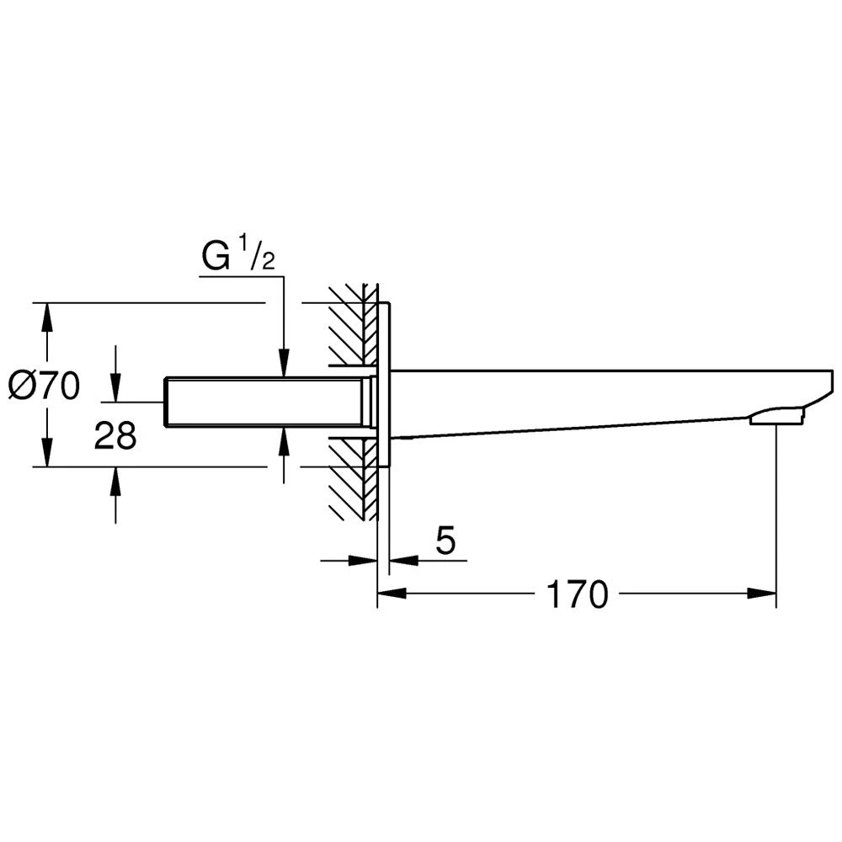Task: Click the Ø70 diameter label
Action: click(x=45, y=386)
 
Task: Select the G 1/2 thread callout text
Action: click(x=238, y=256)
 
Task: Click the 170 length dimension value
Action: click(x=577, y=594)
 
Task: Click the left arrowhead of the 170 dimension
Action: click(x=392, y=594)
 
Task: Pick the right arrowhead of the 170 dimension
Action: click(x=762, y=594)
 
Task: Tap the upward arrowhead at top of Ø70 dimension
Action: click(x=47, y=317)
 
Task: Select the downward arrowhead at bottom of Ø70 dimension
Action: click(x=47, y=453)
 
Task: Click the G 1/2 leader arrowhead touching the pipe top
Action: click(x=284, y=363)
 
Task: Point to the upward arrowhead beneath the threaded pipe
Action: click(x=284, y=441)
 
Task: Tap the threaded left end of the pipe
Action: click(x=168, y=402)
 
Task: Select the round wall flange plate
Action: click(x=384, y=385)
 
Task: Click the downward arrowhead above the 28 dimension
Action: click(x=115, y=387)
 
